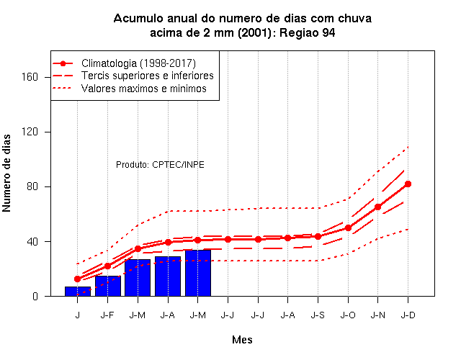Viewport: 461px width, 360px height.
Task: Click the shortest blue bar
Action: (x=78, y=291)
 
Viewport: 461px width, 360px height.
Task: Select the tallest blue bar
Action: (x=198, y=273)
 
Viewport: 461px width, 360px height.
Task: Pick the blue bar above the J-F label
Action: (x=107, y=286)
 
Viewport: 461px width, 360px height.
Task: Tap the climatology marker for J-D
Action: (x=408, y=184)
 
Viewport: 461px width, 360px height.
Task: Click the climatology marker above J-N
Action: (x=377, y=207)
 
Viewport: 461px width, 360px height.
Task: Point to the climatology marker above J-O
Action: (x=348, y=228)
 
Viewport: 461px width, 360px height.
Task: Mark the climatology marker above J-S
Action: (x=318, y=236)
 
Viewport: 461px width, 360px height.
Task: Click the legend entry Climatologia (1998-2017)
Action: (x=138, y=63)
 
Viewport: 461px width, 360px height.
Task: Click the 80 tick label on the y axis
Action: (x=32, y=186)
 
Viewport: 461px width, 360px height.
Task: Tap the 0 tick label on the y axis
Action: (x=35, y=296)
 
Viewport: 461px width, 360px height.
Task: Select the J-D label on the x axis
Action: (x=408, y=315)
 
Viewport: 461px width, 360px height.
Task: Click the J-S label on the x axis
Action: (x=318, y=315)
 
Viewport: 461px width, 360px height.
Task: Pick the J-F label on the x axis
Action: (x=107, y=315)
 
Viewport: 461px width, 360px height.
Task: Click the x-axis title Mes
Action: (x=242, y=340)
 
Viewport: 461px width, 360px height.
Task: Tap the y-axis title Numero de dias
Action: (x=6, y=173)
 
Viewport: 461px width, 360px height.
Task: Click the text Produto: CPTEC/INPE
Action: (x=160, y=165)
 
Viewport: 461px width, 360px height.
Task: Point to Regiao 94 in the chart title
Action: (x=308, y=32)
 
